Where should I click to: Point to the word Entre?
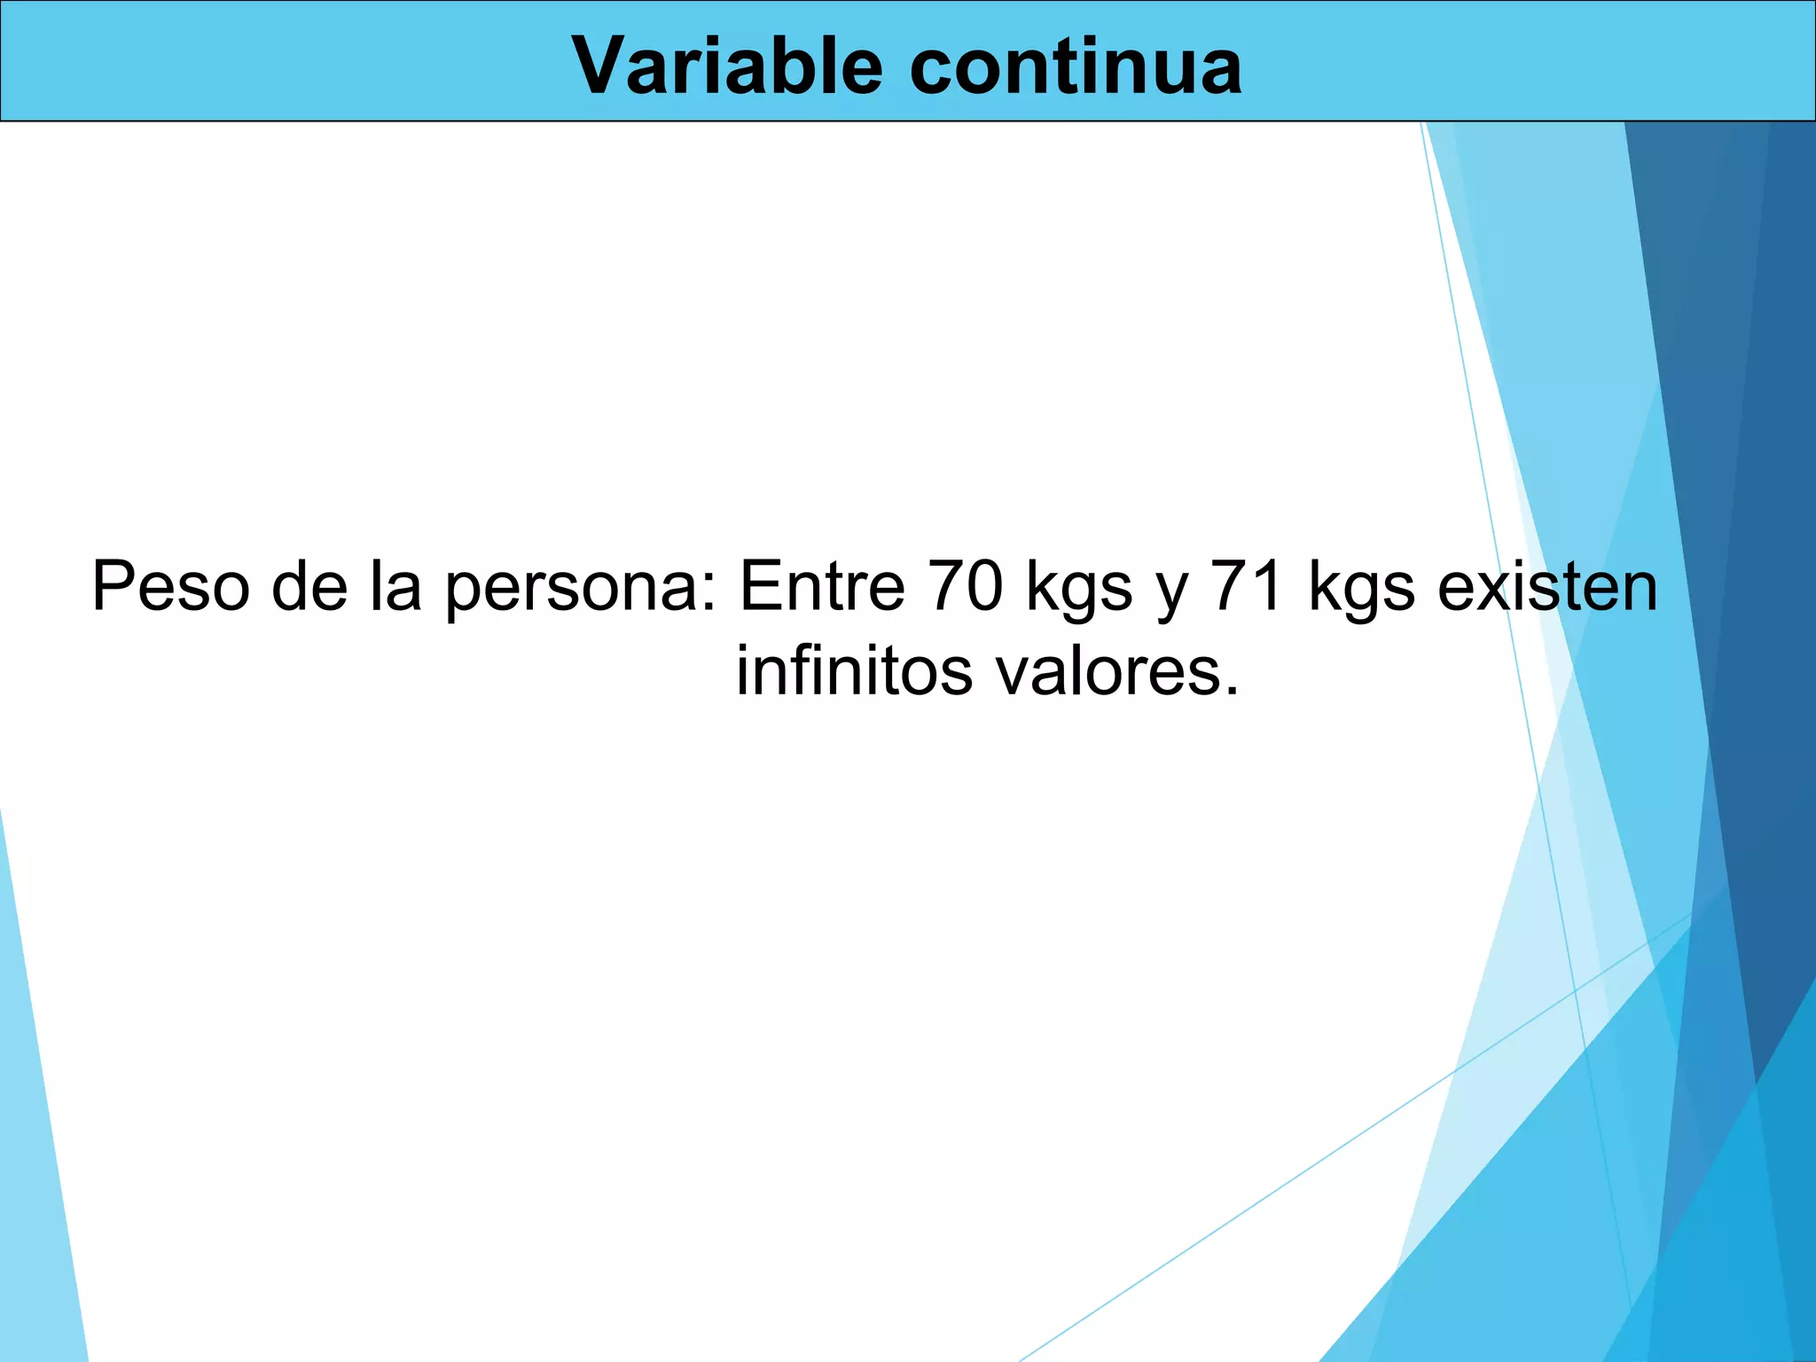click(x=821, y=587)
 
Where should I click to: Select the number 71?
click(x=1248, y=587)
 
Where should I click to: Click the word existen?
click(x=1547, y=587)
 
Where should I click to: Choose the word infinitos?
click(x=855, y=670)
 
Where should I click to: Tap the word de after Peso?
click(x=309, y=587)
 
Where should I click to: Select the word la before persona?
click(x=395, y=587)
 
